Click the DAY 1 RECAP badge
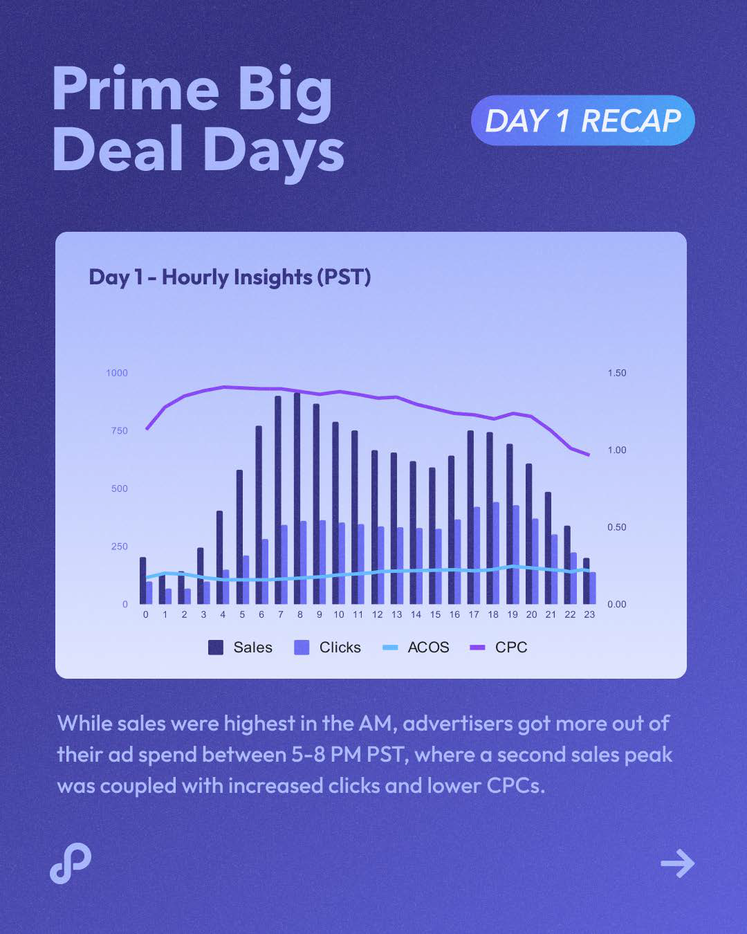tap(582, 120)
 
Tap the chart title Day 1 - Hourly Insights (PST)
tap(230, 277)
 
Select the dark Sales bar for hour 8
tap(297, 498)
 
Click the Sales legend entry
tap(240, 648)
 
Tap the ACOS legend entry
tap(416, 648)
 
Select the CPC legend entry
tap(499, 648)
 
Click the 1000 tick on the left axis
tap(117, 373)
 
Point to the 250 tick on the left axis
tap(120, 547)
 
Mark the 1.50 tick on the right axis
tap(617, 373)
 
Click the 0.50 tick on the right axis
tap(617, 527)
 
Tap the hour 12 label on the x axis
tap(377, 614)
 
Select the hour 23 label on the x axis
tap(589, 614)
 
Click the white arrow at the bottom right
tap(677, 863)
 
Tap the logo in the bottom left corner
tap(71, 863)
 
